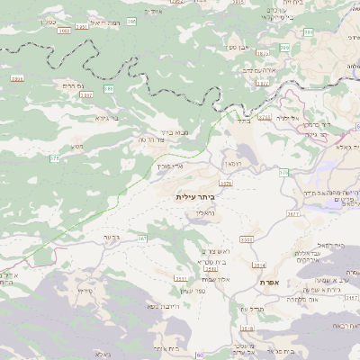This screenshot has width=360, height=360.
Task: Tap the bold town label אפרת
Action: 267,282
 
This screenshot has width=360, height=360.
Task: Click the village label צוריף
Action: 86,291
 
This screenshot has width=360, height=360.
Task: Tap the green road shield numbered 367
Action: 142,238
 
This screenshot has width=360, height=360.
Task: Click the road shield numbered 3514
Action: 259,265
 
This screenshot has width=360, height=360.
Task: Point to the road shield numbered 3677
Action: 293,215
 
